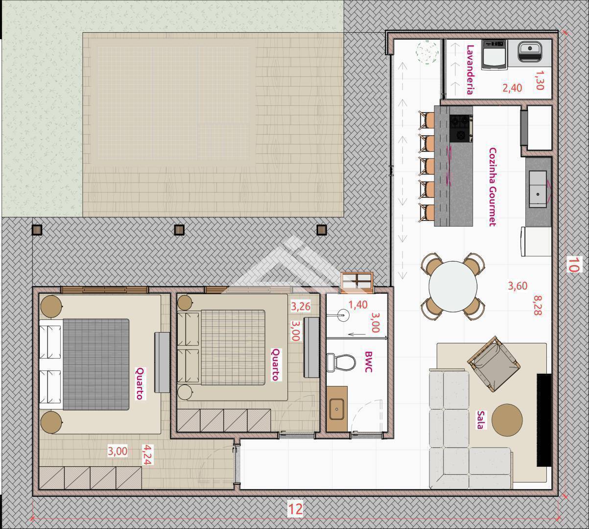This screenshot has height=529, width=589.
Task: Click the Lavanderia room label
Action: coord(470,70)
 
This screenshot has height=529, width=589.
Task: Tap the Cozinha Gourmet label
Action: coord(493,187)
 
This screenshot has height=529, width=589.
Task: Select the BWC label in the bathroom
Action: coord(368,362)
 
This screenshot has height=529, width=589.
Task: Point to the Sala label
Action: coord(480,420)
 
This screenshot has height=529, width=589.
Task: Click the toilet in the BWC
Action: coord(341,362)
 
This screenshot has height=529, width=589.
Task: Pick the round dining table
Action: coord(453,286)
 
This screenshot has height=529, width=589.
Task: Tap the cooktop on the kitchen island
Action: coord(461,128)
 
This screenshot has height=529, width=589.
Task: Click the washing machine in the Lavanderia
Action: coord(494,55)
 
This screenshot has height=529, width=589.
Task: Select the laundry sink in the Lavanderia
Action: coord(530,51)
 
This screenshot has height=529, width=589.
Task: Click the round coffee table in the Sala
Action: coord(507,420)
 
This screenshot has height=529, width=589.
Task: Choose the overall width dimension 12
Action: coord(295,508)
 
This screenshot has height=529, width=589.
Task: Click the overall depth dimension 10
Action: coord(572,264)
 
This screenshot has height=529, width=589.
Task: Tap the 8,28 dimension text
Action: coord(538,305)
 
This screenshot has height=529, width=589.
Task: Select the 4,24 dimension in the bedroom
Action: coord(147,455)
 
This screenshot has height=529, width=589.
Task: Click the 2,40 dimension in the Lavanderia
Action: coord(512,88)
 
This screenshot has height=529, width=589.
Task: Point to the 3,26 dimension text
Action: coord(301,306)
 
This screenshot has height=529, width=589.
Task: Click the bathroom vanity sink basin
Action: coord(337,409)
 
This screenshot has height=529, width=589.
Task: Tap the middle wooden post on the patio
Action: coord(179,230)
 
